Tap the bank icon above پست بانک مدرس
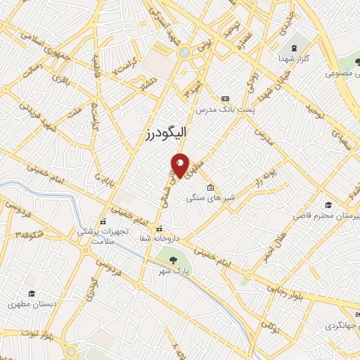click(x=225, y=99)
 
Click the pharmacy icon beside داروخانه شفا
click(x=159, y=228)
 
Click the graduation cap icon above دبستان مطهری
click(x=31, y=293)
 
